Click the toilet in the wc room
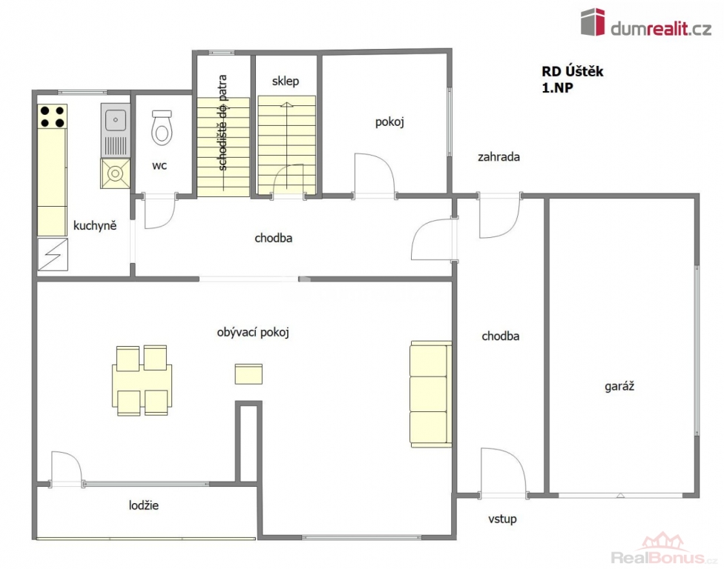pyautogui.click(x=162, y=127)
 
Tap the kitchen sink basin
pyautogui.click(x=116, y=120)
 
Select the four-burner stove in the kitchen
pyautogui.click(x=52, y=116)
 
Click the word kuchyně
pyautogui.click(x=95, y=225)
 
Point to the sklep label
pyautogui.click(x=286, y=81)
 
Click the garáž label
pyautogui.click(x=619, y=386)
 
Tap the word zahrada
pyautogui.click(x=498, y=157)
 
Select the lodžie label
pyautogui.click(x=144, y=505)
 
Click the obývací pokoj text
pyautogui.click(x=253, y=333)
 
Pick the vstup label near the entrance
pyautogui.click(x=502, y=519)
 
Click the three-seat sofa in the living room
pyautogui.click(x=430, y=394)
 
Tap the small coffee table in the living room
pyautogui.click(x=249, y=374)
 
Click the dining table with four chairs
pyautogui.click(x=142, y=381)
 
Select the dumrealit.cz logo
pyautogui.click(x=646, y=23)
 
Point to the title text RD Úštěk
pyautogui.click(x=573, y=71)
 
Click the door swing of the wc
pyautogui.click(x=160, y=211)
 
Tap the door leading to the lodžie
pyautogui.click(x=67, y=469)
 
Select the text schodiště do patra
pyautogui.click(x=222, y=123)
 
